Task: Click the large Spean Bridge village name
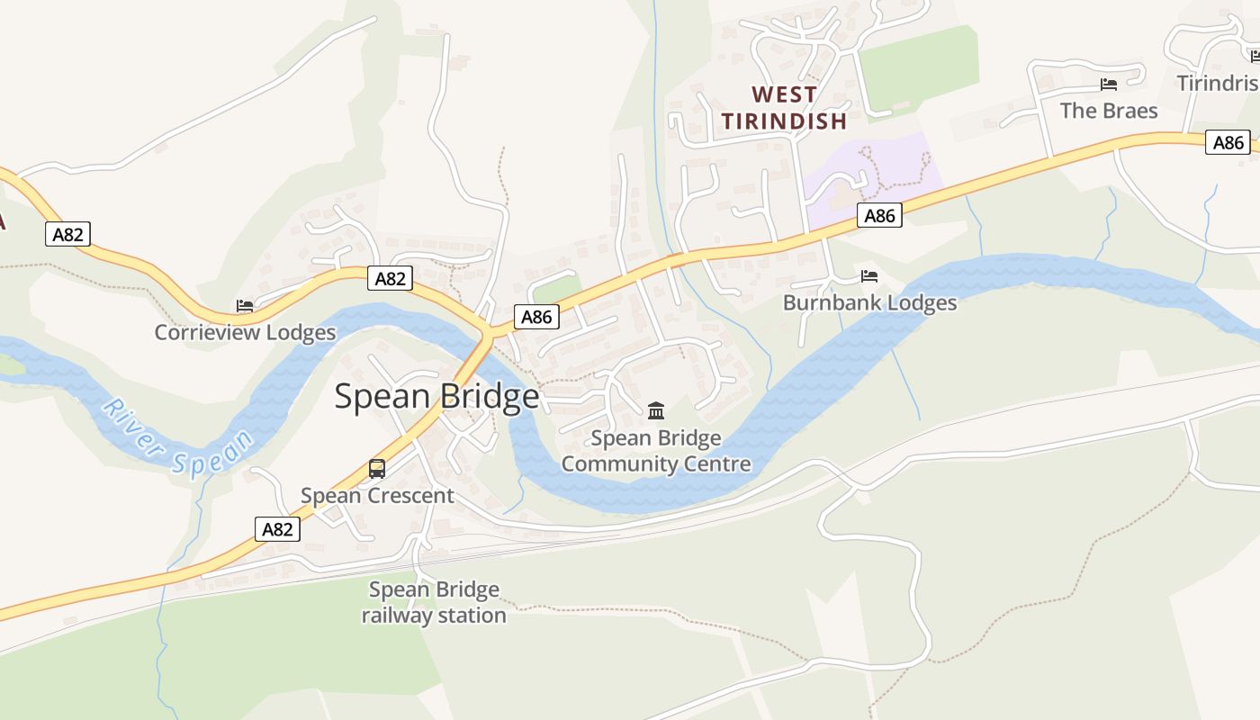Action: (436, 397)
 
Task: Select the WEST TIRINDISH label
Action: (784, 107)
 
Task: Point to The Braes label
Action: (1108, 111)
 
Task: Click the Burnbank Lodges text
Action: (869, 302)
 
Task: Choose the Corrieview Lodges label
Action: (245, 332)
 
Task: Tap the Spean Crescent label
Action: (377, 496)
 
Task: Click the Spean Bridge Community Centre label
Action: (656, 451)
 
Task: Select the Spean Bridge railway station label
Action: (434, 602)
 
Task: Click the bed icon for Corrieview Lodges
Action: (245, 306)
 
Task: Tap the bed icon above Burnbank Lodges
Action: (869, 275)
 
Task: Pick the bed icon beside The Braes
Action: (1109, 85)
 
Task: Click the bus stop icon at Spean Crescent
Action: (377, 469)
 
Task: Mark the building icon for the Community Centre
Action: (656, 411)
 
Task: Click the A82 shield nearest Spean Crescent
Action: (277, 529)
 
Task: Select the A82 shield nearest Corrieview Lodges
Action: (390, 279)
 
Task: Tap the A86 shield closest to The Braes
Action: (1228, 142)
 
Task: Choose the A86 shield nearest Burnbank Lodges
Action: (879, 215)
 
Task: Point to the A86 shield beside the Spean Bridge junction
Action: (536, 317)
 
